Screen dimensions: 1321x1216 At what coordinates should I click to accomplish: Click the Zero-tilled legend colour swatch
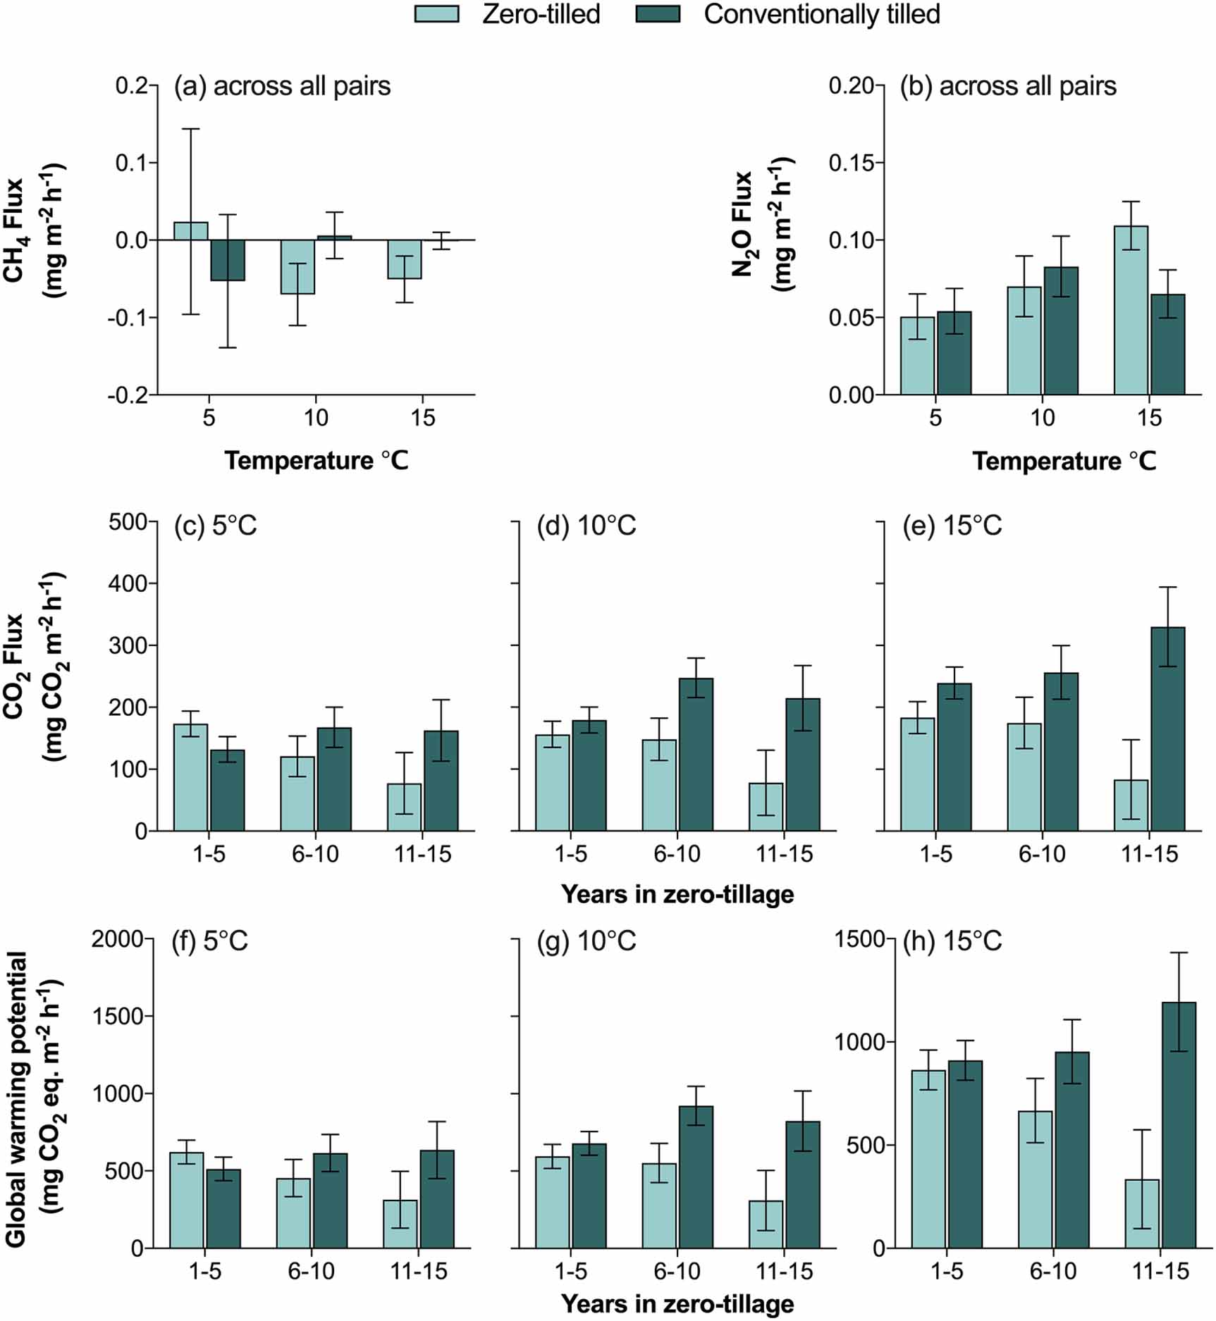tap(436, 14)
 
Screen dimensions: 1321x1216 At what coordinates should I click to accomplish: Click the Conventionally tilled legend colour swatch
tap(657, 14)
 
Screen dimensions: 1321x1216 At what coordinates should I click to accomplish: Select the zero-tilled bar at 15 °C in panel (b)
tap(1131, 310)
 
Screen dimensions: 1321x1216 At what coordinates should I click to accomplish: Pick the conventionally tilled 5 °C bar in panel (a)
tap(228, 260)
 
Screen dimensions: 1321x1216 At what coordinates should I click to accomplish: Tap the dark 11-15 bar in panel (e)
tap(1167, 728)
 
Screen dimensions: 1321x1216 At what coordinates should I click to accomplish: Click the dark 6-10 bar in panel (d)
tap(696, 755)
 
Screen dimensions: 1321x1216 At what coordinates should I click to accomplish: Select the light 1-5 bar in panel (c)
tap(191, 777)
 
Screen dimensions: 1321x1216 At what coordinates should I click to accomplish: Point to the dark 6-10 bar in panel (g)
tap(696, 1177)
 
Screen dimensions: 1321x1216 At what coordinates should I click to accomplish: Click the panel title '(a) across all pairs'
tap(282, 86)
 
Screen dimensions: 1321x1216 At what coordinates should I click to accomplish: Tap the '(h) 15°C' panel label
tap(952, 941)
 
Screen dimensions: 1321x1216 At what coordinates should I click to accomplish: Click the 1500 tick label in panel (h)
tap(858, 939)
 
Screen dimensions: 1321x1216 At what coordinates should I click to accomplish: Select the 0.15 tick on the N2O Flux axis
tap(852, 163)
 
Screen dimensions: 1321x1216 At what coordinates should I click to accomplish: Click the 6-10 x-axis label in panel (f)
tap(312, 1272)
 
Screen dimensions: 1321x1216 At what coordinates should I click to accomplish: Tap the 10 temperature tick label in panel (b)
tap(1042, 418)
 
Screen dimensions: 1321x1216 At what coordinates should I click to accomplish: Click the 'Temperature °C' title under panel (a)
tap(316, 461)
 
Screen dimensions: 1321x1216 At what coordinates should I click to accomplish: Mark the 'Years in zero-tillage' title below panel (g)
tap(677, 1304)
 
